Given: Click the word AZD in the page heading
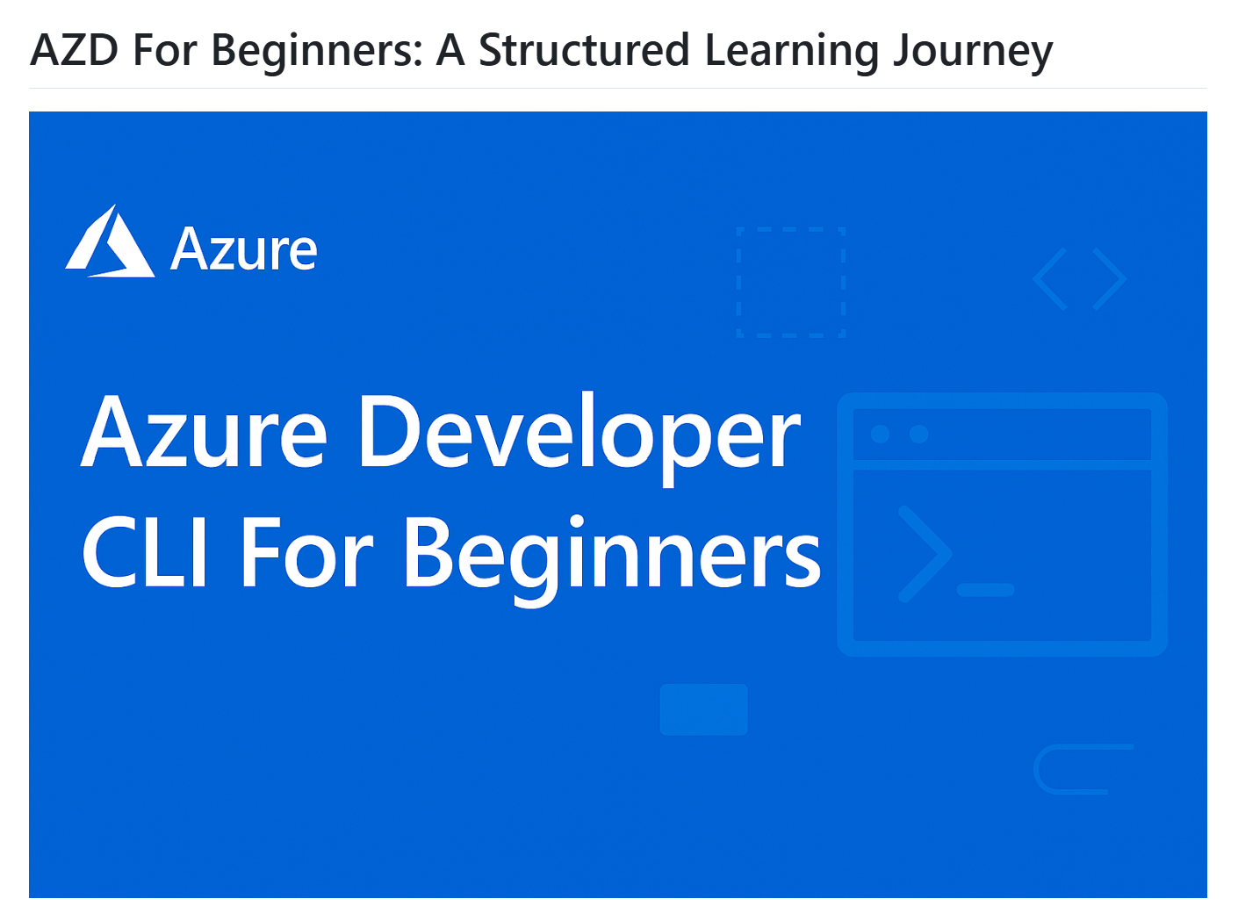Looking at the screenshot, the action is click(75, 50).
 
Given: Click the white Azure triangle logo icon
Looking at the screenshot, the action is click(110, 241).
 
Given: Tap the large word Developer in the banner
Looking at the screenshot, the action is click(579, 438).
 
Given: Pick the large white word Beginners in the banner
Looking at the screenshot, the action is click(612, 560).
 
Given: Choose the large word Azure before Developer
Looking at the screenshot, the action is click(205, 432).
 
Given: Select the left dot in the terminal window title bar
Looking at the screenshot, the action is click(880, 435).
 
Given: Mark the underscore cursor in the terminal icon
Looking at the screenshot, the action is click(985, 590).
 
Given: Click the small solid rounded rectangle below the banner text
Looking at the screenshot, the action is click(703, 709).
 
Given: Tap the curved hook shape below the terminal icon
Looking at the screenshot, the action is click(1037, 769).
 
